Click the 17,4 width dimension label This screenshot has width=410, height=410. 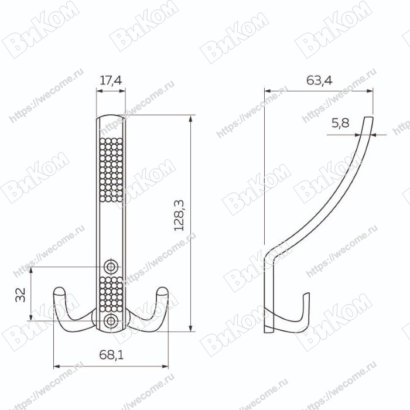coord(111,80)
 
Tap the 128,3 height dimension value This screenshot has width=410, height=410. coord(179,216)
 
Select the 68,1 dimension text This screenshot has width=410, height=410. coord(111,355)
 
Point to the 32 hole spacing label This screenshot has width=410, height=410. coord(20,295)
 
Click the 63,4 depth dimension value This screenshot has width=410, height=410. coord(319,80)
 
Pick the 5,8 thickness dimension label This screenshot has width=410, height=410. coord(340,123)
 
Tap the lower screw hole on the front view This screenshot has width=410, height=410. coord(111,321)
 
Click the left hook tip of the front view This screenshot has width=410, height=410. coord(59,291)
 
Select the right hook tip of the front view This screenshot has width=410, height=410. coord(162,291)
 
